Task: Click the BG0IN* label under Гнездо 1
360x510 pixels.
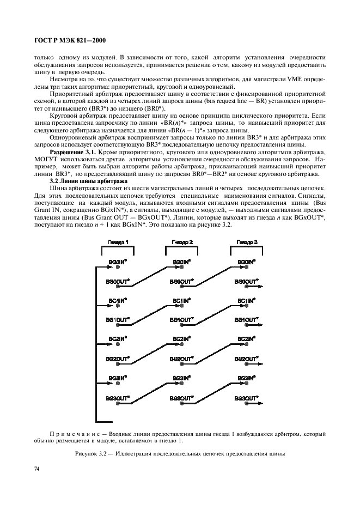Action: pyautogui.click(x=118, y=262)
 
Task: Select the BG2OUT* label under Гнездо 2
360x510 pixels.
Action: pyautogui.click(x=181, y=359)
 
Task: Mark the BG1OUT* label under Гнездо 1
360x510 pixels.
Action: pyautogui.click(x=117, y=320)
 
